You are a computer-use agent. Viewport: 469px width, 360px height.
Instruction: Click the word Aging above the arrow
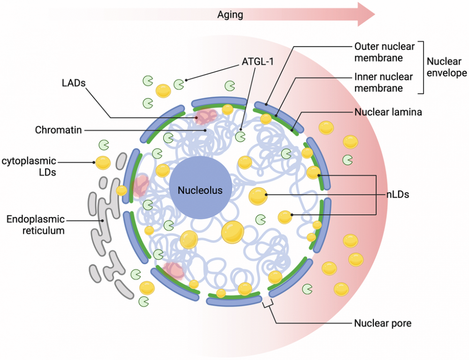coord(230,15)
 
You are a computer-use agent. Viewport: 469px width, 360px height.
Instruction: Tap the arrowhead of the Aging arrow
coord(366,14)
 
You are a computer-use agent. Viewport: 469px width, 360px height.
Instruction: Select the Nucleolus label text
coord(200,191)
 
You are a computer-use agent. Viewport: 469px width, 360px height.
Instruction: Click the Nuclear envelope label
coord(446,67)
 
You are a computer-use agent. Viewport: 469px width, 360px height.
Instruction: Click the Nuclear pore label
coord(383,323)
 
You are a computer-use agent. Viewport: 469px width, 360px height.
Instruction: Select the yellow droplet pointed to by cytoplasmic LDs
coord(103,162)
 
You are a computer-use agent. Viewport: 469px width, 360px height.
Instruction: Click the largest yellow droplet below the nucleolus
coord(233,232)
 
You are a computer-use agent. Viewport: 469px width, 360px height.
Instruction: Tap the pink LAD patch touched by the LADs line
coord(206,115)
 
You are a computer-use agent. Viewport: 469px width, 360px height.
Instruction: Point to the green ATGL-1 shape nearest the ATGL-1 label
coord(179,84)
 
